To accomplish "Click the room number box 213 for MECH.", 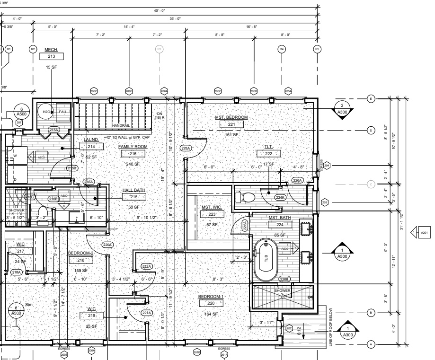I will pos(51,57).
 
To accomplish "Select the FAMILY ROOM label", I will pos(133,147).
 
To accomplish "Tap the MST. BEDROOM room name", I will pos(231,117).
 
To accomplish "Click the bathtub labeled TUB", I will pos(266,259).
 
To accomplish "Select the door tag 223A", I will pos(186,148).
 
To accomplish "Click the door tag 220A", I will pos(107,245).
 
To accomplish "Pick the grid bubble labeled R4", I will pos(282,49).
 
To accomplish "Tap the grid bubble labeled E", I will pos(371,98).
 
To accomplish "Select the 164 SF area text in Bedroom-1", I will pos(211,314).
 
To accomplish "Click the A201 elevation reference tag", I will pos(424,232).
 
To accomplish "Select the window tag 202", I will pos(290,328).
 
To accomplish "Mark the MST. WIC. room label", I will pos(212,207).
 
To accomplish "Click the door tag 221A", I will pos(146,313).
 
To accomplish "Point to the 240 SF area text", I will pos(133,164).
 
